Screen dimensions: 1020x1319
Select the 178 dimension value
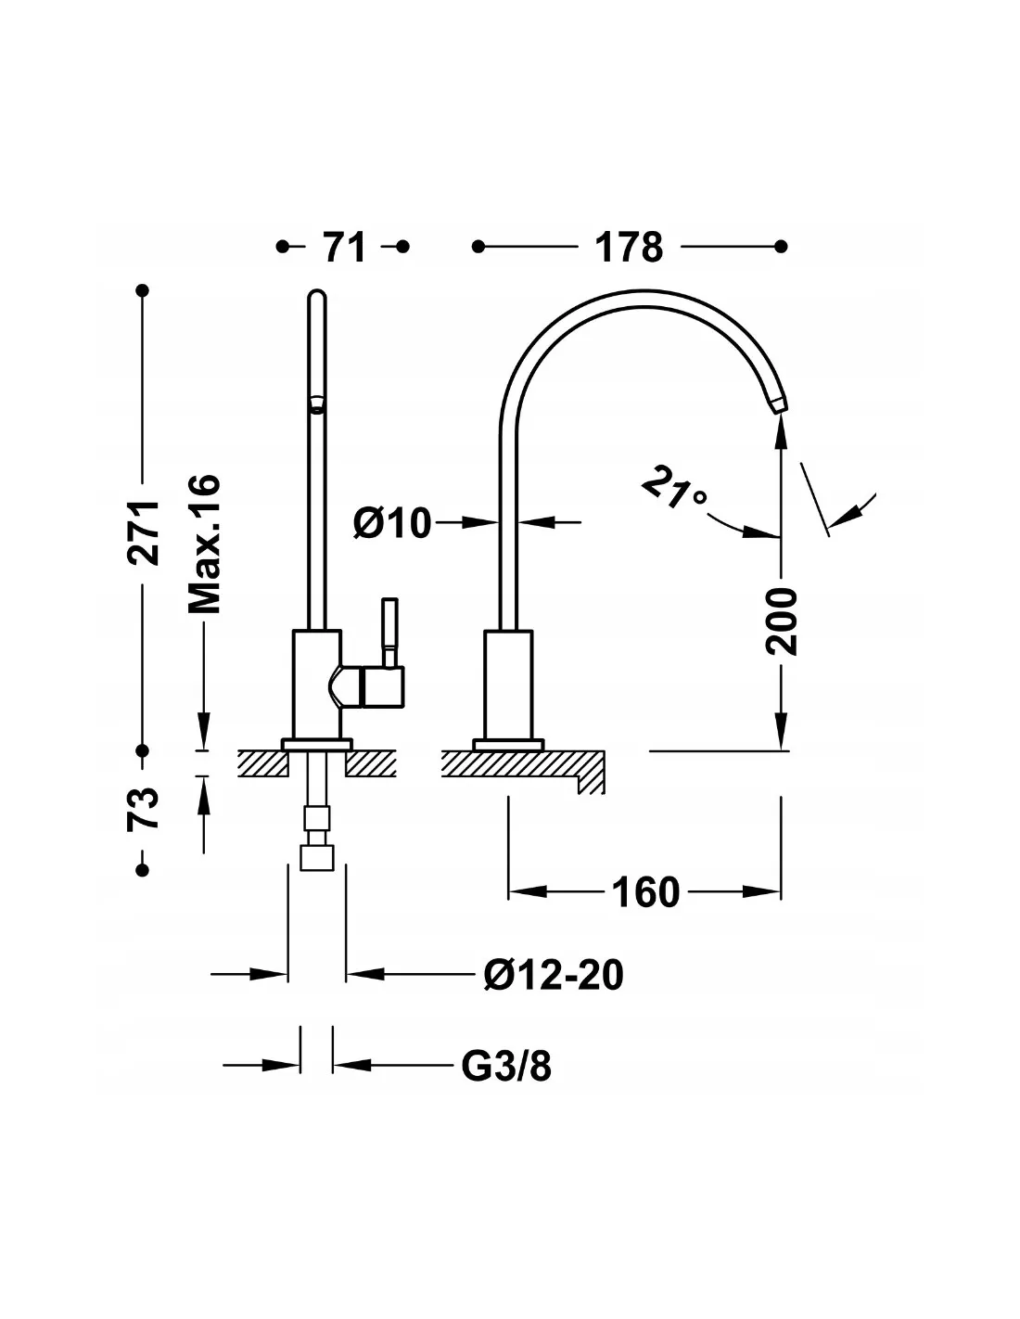pyautogui.click(x=629, y=247)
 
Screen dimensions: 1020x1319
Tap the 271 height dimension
pyautogui.click(x=143, y=533)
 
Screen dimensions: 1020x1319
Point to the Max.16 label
pyautogui.click(x=204, y=544)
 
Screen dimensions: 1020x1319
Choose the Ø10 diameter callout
pyautogui.click(x=392, y=522)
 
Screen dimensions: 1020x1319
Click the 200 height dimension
pyautogui.click(x=781, y=621)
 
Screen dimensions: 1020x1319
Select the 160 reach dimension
pyautogui.click(x=645, y=893)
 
